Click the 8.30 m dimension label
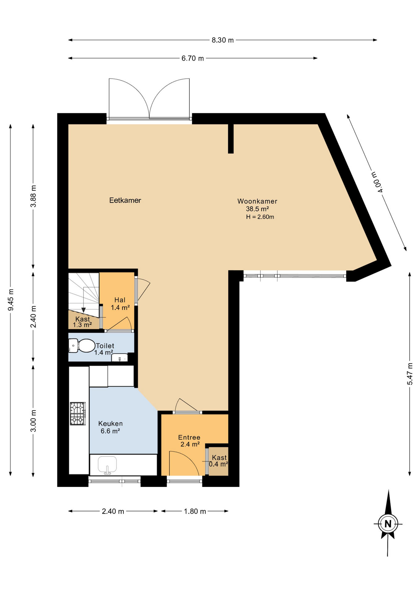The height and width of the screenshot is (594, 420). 222,40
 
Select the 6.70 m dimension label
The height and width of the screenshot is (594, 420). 192,58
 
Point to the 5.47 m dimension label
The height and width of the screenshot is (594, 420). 410,374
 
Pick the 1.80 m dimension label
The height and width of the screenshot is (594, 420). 195,511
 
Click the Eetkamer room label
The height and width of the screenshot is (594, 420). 125,200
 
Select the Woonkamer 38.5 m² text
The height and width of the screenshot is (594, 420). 257,205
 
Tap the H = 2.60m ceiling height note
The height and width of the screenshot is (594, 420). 260,217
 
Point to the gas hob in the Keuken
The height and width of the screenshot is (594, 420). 78,414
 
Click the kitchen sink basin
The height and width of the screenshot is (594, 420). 107,464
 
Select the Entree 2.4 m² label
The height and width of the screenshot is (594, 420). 189,441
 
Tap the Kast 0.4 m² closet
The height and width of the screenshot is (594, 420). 219,461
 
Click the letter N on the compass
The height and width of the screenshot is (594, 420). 388,524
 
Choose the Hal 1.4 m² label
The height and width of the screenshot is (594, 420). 120,303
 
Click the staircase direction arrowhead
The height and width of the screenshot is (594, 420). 84,310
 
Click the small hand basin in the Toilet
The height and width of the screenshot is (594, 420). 119,358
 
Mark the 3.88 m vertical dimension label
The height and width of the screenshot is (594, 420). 33,196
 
